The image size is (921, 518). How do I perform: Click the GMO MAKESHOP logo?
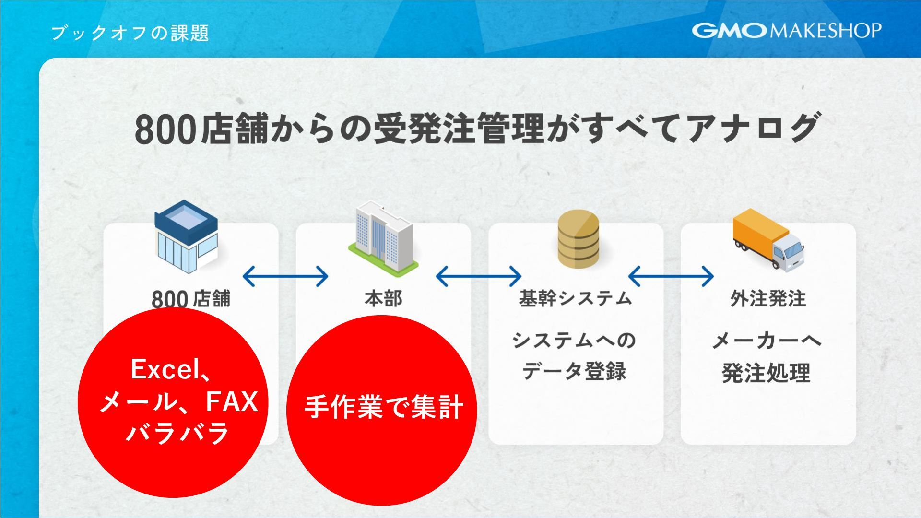coord(786,31)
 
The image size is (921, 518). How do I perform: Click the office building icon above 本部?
coord(383,238)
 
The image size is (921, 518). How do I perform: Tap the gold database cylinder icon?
coord(578,239)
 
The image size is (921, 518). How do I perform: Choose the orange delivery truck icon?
coord(767,239)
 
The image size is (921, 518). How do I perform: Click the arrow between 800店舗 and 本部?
coord(285,276)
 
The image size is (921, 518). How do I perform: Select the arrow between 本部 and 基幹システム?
coord(478,276)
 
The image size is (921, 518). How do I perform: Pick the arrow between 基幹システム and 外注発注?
coord(671,276)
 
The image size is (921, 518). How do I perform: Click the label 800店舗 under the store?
coord(191,299)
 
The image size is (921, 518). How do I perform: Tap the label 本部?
coord(383,299)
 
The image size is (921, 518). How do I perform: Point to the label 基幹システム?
coord(575,299)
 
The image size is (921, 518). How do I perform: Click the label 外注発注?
coord(768,299)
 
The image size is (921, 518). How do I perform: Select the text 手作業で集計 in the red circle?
coord(384,407)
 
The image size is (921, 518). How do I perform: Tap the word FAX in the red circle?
coord(232,402)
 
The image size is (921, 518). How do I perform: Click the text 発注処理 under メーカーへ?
coord(766,373)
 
